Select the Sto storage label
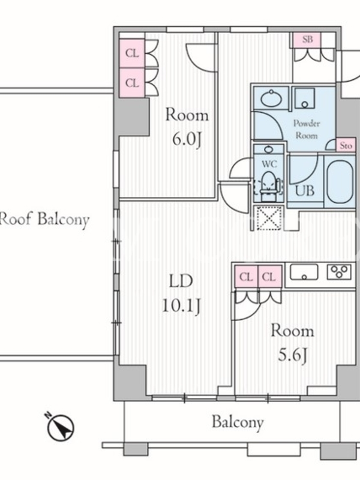click(x=346, y=145)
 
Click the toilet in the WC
click(x=269, y=185)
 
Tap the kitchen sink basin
click(x=304, y=272)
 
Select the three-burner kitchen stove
click(x=339, y=272)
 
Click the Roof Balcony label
click(x=44, y=220)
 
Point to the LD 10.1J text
click(x=181, y=293)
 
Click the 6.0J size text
click(x=187, y=140)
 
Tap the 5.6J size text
click(x=292, y=355)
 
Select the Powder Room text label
click(x=307, y=129)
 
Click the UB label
click(x=305, y=190)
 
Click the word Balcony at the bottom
click(x=238, y=422)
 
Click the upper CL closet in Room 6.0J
click(x=132, y=53)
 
